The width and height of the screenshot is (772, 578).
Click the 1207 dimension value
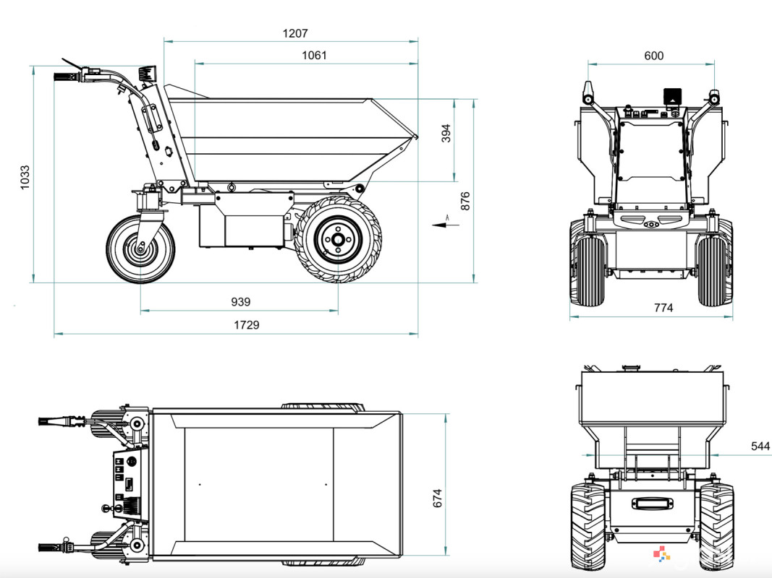point(295,33)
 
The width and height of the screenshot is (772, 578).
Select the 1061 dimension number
point(314,56)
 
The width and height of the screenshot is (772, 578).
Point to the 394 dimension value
point(446,134)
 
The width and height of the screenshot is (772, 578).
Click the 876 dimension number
point(465,201)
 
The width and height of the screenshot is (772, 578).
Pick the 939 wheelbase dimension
point(240,302)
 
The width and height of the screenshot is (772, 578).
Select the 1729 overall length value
point(246,325)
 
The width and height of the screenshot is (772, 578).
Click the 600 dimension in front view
point(653,56)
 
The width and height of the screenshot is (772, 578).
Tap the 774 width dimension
point(663,308)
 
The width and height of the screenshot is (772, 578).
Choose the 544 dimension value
point(760,447)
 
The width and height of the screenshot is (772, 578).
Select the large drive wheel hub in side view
point(336,238)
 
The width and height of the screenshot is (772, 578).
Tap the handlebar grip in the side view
point(65,77)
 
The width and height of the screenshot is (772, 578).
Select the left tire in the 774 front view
point(587,269)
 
